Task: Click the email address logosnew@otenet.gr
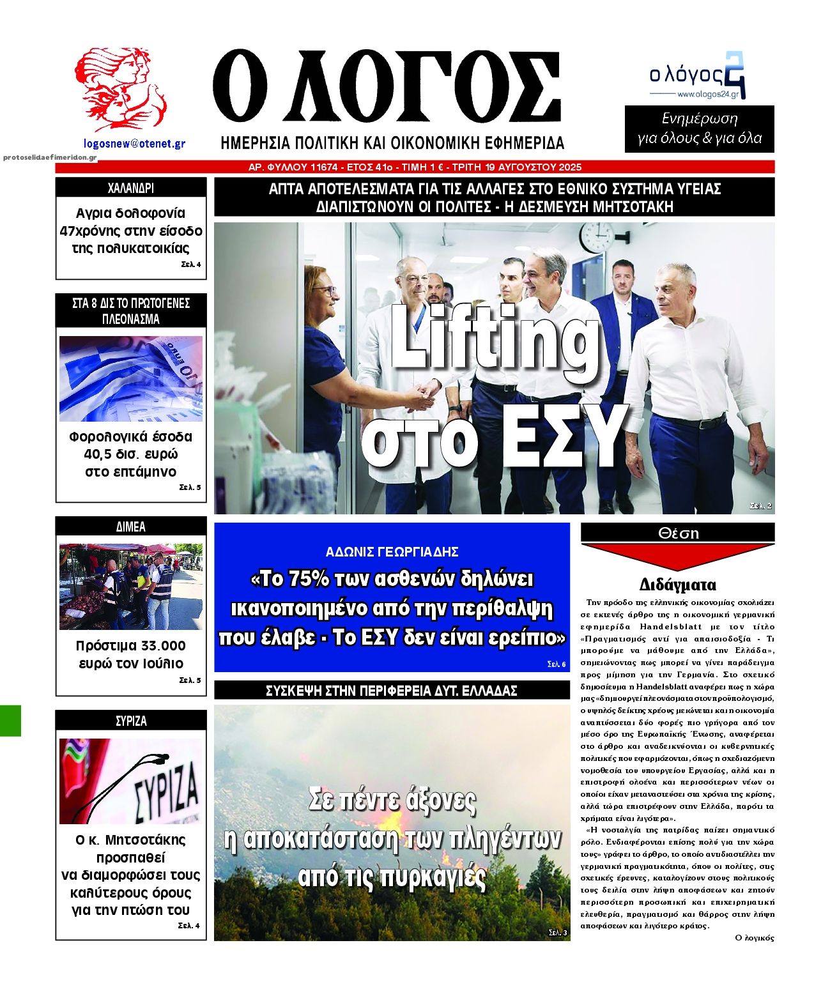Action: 134,144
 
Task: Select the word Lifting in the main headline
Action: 492,337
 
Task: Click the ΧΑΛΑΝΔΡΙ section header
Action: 131,188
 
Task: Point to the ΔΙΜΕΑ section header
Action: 131,526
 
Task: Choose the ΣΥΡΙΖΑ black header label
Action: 131,721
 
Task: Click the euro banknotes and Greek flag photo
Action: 131,379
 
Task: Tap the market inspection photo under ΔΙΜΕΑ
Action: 131,587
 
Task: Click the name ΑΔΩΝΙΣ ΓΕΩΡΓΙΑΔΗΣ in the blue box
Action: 392,552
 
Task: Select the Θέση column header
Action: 678,533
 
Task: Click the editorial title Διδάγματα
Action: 677,585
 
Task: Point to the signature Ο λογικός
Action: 755,938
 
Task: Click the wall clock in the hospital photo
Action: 597,238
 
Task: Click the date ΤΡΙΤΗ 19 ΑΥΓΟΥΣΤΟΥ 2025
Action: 517,167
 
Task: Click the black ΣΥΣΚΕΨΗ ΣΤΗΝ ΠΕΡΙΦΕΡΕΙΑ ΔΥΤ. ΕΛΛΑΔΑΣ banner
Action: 392,691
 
